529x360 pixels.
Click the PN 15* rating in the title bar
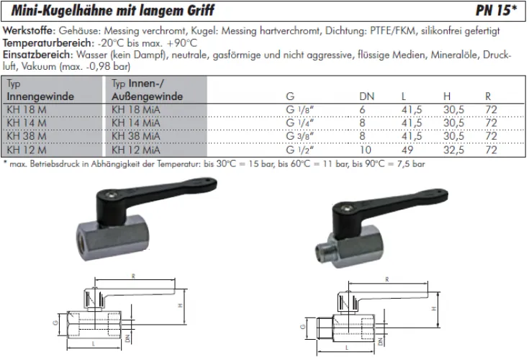click(x=497, y=11)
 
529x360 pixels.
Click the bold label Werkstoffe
click(x=28, y=32)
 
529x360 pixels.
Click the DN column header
click(x=366, y=96)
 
